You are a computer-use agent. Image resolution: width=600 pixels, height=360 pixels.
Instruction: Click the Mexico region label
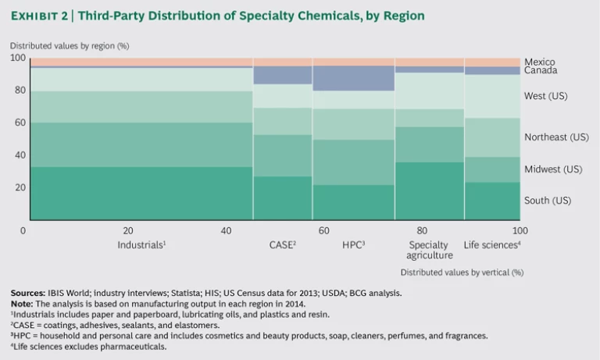pyautogui.click(x=540, y=62)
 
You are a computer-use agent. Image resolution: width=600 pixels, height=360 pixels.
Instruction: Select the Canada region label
pyautogui.click(x=541, y=71)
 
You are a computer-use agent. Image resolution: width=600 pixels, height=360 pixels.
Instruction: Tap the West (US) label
pyautogui.click(x=545, y=97)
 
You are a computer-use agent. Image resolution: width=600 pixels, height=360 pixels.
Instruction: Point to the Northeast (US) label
pyautogui.click(x=556, y=137)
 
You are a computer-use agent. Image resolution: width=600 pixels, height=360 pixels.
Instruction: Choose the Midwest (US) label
pyautogui.click(x=553, y=169)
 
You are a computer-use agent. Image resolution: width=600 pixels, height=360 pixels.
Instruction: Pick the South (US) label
pyautogui.click(x=548, y=201)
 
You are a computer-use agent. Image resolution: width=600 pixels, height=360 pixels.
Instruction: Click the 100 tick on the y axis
pyautogui.click(x=17, y=59)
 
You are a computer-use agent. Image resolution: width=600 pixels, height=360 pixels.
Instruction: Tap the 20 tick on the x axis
pyautogui.click(x=128, y=231)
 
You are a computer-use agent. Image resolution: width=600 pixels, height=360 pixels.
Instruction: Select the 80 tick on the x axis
pyautogui.click(x=423, y=231)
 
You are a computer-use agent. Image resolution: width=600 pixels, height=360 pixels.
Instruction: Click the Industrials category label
pyautogui.click(x=141, y=245)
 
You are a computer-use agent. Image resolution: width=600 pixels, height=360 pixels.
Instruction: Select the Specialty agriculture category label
pyautogui.click(x=430, y=250)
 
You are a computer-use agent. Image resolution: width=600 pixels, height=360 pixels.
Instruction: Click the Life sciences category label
pyautogui.click(x=492, y=245)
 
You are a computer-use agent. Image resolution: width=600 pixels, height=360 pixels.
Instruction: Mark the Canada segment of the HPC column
pyautogui.click(x=353, y=78)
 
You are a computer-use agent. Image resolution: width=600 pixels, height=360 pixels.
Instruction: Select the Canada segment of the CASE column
pyautogui.click(x=282, y=75)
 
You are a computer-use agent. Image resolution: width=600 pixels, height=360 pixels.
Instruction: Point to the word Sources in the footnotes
pyautogui.click(x=27, y=293)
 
